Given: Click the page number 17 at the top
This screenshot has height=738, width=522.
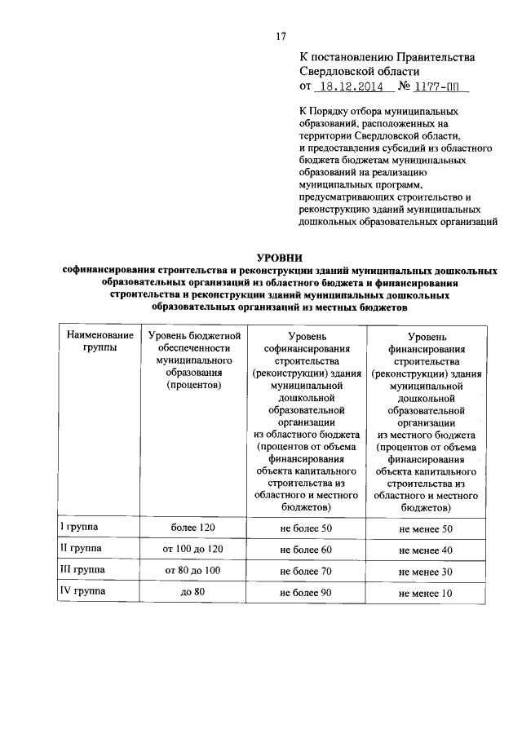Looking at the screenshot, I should (280, 35).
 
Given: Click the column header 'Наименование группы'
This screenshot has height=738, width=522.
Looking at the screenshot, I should (100, 341).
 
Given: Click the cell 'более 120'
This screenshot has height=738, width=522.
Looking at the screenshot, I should (192, 529).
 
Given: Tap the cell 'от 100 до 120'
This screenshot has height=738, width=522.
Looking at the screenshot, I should (192, 550).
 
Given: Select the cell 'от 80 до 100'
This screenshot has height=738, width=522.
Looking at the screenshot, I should (192, 572).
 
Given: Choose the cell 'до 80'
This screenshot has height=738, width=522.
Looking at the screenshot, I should (192, 592).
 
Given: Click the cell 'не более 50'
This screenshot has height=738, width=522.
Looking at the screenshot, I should (306, 529).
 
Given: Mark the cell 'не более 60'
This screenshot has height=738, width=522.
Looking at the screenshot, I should (306, 550).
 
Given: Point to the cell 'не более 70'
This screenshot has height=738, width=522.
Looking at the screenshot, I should (306, 572).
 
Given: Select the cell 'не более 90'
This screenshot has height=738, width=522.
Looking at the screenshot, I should (306, 592).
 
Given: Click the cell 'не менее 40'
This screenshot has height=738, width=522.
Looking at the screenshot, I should (425, 551).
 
